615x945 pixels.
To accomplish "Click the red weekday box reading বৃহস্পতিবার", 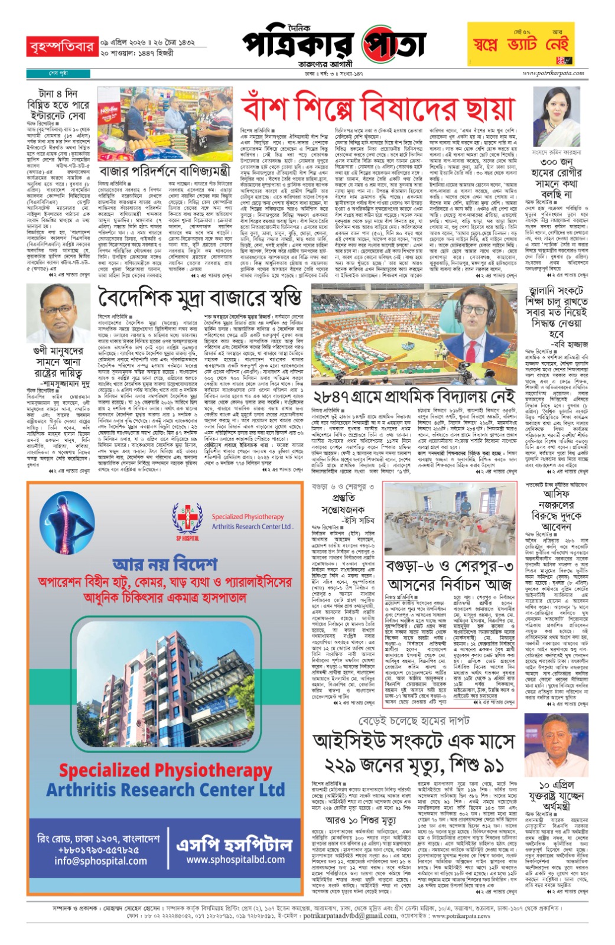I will coord(61,46).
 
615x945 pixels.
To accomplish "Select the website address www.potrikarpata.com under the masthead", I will coord(553,73).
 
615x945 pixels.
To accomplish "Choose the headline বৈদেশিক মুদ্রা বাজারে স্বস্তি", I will coord(200,297).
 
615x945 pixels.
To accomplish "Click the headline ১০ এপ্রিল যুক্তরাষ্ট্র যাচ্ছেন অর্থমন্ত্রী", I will coord(557,796).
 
